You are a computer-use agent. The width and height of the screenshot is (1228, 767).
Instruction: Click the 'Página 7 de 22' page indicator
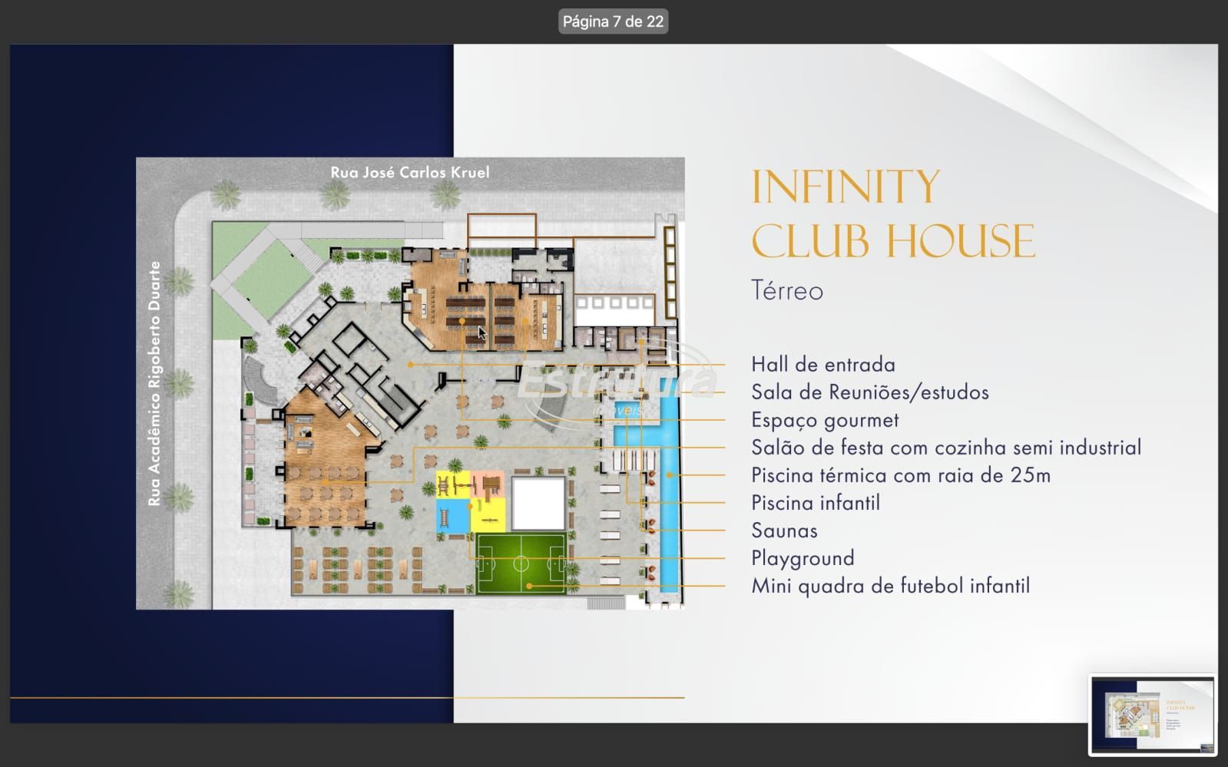tap(613, 21)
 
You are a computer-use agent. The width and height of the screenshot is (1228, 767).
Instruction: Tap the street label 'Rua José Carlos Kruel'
tap(410, 173)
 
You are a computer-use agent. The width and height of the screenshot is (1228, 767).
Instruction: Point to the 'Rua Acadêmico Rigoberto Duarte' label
tap(154, 383)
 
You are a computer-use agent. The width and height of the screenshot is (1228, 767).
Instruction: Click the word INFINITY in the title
tap(846, 187)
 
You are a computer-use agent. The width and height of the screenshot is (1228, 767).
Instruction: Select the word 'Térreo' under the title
tap(787, 290)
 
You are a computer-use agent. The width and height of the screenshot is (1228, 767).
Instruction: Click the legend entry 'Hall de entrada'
tap(823, 365)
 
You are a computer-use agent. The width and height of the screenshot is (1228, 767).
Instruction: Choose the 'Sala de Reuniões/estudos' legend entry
tap(870, 392)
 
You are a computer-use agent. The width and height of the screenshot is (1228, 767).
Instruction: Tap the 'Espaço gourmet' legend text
tap(825, 421)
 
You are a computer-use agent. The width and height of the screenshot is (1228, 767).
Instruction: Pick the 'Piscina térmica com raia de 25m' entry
tap(901, 475)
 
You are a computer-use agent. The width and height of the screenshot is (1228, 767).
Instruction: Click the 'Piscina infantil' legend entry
tap(815, 503)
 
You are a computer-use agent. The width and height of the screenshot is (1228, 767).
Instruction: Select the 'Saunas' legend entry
tap(785, 531)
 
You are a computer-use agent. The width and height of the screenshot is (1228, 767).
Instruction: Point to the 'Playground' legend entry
tap(803, 559)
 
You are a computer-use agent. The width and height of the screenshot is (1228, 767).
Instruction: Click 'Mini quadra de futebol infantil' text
tap(890, 586)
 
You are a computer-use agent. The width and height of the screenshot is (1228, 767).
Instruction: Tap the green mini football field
tap(521, 564)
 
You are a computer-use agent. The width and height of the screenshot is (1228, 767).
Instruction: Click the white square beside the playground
tap(538, 504)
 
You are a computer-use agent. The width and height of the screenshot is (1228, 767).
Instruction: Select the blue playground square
tap(453, 515)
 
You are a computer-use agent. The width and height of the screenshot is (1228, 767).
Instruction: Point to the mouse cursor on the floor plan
tap(482, 332)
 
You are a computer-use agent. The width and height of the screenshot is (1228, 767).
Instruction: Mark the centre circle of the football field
tap(521, 563)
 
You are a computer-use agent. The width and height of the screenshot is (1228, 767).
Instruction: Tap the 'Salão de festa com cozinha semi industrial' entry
tap(946, 448)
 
